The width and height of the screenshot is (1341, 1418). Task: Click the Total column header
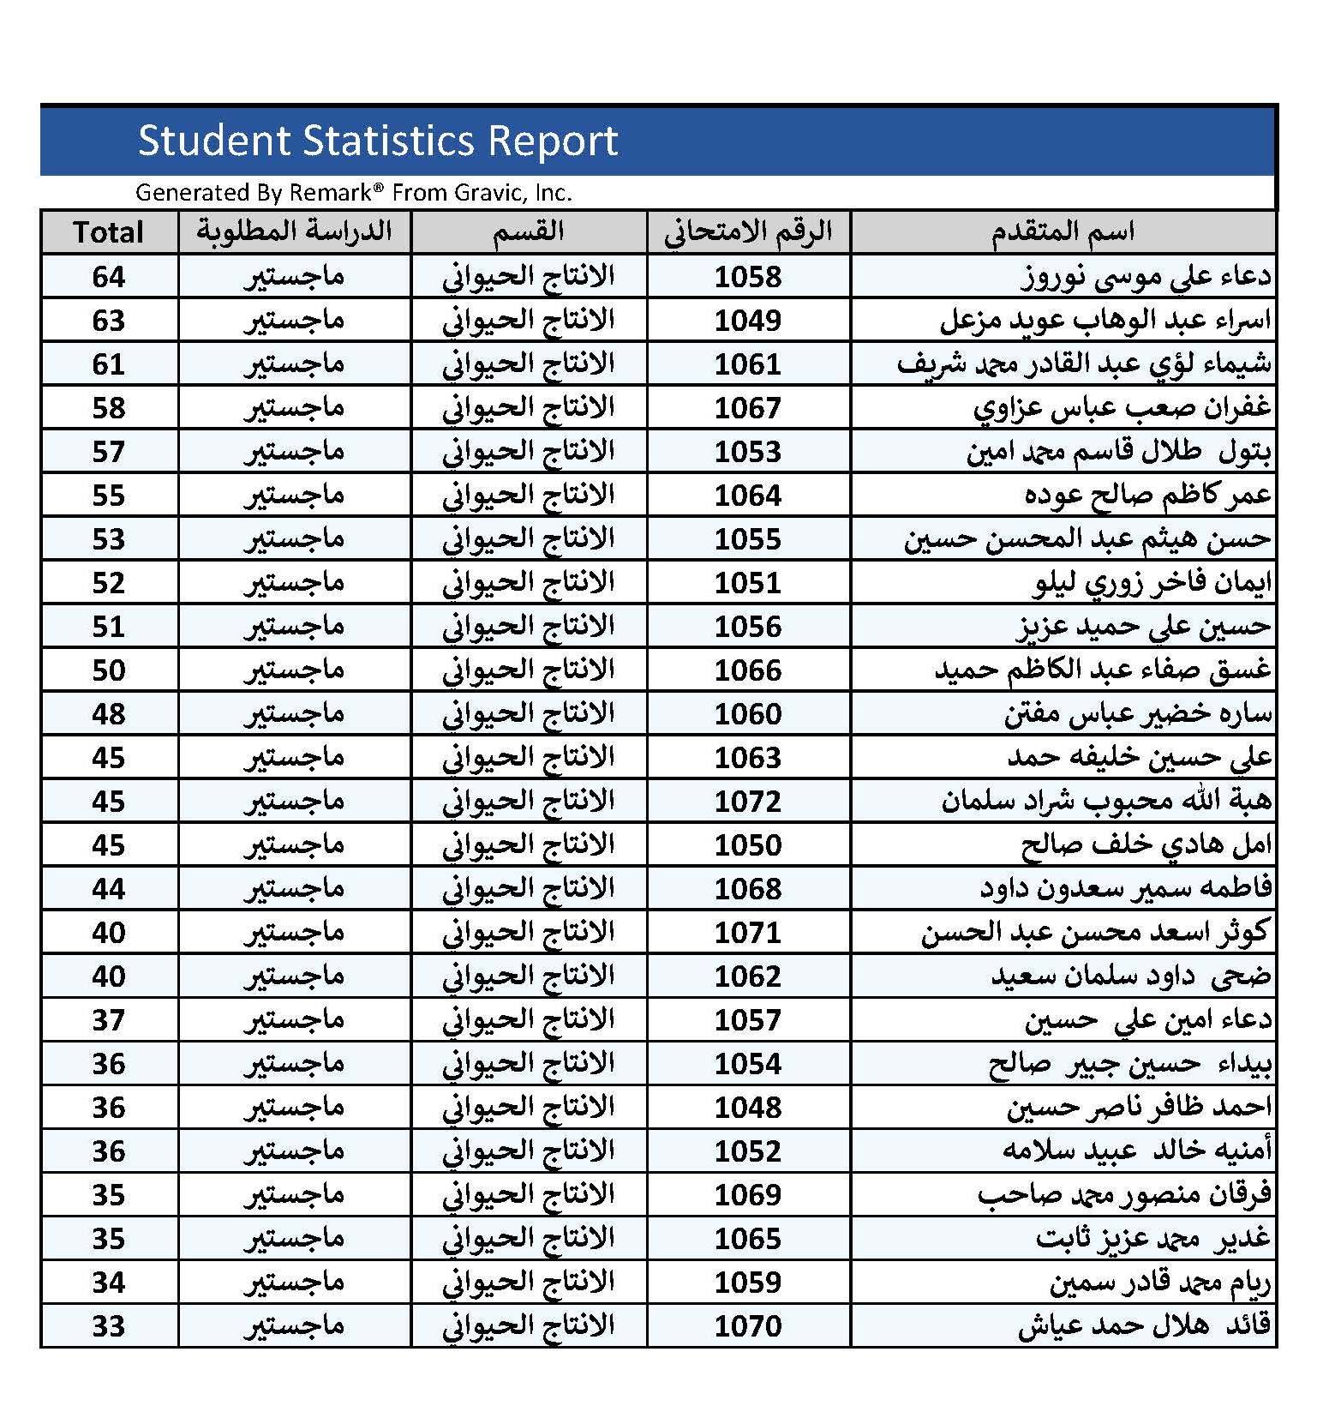[x=109, y=232]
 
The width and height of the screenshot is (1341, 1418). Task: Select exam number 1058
[x=748, y=277]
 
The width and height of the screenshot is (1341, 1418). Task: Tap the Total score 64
[x=109, y=277]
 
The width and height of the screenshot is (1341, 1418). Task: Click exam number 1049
[x=748, y=321]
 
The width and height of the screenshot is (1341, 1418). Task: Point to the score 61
[x=109, y=364]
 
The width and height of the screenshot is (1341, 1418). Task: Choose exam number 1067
[x=748, y=408]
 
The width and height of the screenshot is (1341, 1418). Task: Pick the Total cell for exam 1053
[x=109, y=452]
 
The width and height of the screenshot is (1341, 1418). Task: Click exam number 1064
[x=748, y=496]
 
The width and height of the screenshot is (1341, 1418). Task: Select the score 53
[x=109, y=539]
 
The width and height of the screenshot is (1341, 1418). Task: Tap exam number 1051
[x=748, y=583]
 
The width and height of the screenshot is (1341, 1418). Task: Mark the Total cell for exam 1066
[x=109, y=670]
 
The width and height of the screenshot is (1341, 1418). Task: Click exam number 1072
[x=748, y=802]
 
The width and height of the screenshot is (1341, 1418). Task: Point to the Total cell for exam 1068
[x=109, y=889]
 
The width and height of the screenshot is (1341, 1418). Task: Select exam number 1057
[x=748, y=1020]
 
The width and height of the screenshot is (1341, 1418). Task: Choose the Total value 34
[x=109, y=1283]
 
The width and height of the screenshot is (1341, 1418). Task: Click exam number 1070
[x=748, y=1326]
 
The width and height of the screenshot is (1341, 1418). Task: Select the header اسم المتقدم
[x=1063, y=231]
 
